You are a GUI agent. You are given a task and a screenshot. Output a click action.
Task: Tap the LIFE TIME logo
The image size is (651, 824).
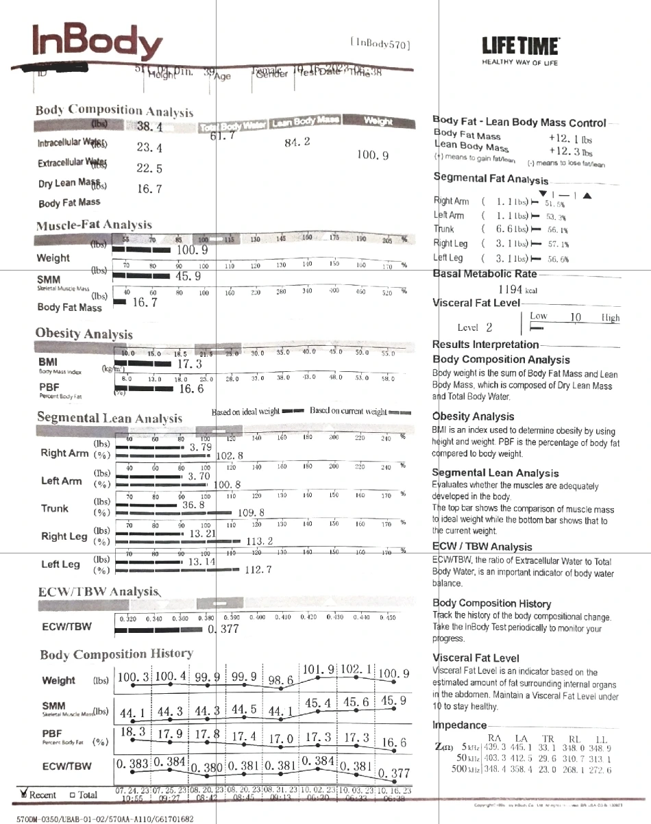tap(520, 49)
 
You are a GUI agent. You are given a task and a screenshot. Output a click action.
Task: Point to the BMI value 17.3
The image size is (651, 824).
tap(188, 364)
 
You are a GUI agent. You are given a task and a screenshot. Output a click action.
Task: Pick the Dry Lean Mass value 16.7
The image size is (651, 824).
tap(149, 188)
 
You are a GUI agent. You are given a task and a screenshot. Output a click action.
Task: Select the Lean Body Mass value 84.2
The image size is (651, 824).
tap(297, 142)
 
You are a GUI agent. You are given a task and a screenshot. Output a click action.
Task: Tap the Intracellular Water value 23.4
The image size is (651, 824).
tap(149, 147)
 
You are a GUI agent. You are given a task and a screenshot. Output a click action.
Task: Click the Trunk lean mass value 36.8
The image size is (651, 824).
tap(194, 505)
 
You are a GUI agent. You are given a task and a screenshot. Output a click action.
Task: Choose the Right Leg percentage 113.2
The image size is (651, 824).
tap(260, 541)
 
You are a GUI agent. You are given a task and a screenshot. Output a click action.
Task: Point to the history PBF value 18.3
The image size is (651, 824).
tap(132, 732)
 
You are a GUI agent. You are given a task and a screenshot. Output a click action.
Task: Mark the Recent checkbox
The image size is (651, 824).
tap(25, 794)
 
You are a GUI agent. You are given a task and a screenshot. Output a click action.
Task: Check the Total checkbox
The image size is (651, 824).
tap(72, 795)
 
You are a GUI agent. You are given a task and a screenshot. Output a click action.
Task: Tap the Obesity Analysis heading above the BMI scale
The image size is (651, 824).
tap(84, 334)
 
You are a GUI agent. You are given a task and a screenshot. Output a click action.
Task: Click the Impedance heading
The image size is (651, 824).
tap(459, 725)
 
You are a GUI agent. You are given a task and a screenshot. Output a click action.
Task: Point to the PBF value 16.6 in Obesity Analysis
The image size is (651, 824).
tap(192, 389)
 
